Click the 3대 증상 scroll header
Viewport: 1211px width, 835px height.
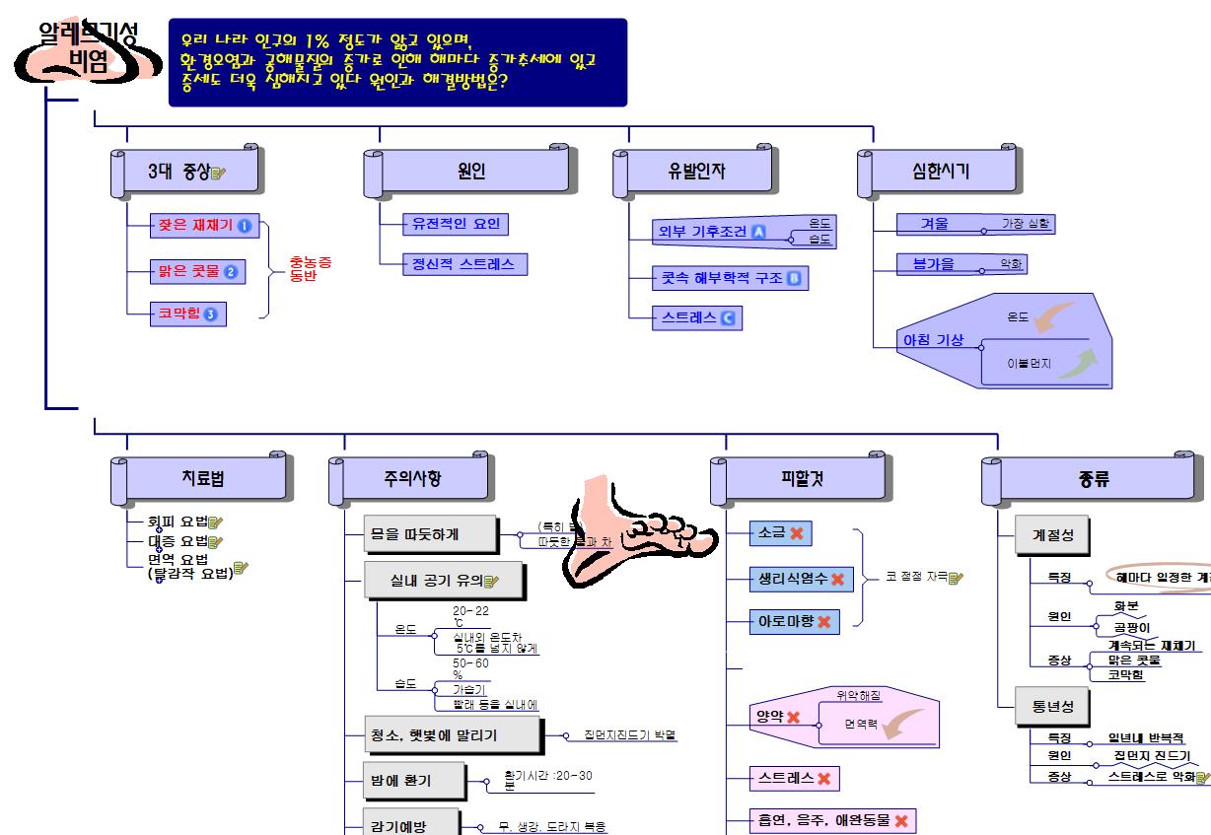pyautogui.click(x=185, y=172)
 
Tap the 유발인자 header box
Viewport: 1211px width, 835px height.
pyautogui.click(x=695, y=172)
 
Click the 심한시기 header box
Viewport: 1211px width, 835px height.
pyautogui.click(x=940, y=172)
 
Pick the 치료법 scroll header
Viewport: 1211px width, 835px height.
pyautogui.click(x=203, y=480)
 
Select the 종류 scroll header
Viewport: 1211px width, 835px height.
pyautogui.click(x=1094, y=480)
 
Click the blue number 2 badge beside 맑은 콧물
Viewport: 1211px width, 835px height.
pyautogui.click(x=231, y=272)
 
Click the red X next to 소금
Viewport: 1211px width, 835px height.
pyautogui.click(x=797, y=533)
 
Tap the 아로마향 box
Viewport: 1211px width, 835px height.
pyautogui.click(x=794, y=622)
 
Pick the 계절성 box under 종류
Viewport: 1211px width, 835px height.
pyautogui.click(x=1053, y=535)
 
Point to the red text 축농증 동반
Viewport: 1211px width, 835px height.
pyautogui.click(x=310, y=269)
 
